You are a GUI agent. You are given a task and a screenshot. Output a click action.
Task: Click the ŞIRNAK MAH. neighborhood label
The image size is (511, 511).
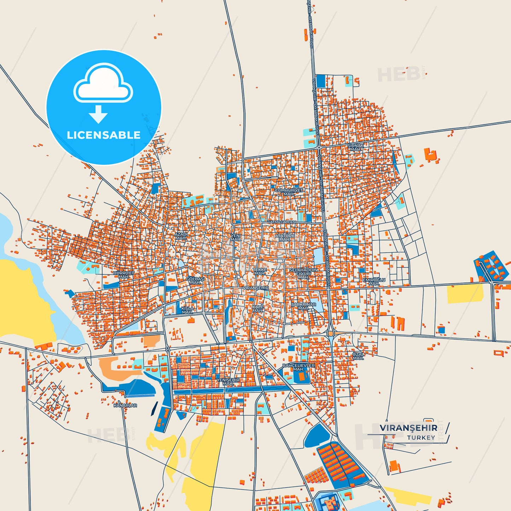(355, 147)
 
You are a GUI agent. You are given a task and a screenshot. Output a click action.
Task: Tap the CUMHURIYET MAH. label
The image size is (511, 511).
(289, 192)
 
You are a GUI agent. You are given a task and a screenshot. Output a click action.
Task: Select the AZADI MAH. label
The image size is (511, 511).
(181, 236)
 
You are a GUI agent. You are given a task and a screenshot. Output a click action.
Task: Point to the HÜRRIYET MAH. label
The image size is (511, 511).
(124, 275)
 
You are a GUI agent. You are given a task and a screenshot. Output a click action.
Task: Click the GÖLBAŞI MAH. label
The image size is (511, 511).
(195, 280)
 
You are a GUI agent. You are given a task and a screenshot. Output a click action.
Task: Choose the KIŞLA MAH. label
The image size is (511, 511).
(187, 310)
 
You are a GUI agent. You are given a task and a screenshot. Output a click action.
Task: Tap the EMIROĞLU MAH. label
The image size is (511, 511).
(374, 282)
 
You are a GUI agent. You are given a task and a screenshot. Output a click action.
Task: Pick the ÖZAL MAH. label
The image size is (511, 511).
(358, 356)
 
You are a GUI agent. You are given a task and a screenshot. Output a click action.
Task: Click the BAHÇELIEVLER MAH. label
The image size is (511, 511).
(298, 367)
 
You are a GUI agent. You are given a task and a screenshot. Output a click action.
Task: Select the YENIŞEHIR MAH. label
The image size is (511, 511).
(228, 382)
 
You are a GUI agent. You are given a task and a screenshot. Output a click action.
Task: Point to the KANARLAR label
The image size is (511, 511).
(125, 405)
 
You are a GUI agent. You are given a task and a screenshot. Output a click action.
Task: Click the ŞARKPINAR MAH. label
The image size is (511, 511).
(303, 306)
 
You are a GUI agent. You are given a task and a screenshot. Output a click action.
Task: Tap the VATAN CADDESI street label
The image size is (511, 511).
(281, 222)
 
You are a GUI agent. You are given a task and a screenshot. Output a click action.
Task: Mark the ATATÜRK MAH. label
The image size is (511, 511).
(285, 237)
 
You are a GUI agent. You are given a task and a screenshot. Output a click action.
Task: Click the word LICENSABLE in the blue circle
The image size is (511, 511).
(104, 135)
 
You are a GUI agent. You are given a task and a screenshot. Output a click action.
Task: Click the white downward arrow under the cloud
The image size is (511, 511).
(98, 114)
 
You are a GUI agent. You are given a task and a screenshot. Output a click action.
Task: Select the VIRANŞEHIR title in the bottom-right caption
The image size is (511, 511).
(408, 428)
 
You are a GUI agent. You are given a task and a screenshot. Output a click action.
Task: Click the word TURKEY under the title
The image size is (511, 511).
(421, 437)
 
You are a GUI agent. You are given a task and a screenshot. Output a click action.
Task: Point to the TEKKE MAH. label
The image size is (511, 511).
(260, 272)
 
